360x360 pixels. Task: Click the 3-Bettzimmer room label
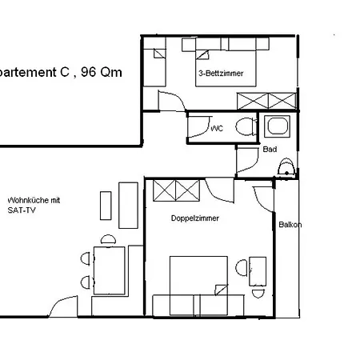[x=221, y=74]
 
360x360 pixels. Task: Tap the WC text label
[x=217, y=129]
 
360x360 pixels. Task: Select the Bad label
[x=270, y=150]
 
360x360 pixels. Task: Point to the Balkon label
[x=290, y=225]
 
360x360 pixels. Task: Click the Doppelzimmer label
[x=195, y=218]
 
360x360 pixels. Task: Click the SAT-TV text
[x=22, y=210]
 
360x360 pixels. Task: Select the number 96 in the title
[x=89, y=72]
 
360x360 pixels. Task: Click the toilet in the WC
[x=246, y=126]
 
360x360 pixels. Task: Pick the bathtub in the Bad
[x=277, y=126]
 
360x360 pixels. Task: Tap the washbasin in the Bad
[x=286, y=167]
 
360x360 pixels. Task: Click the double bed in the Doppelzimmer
[x=198, y=286]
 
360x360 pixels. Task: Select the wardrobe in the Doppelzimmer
[x=176, y=190]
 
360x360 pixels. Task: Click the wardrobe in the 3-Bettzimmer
[x=266, y=101]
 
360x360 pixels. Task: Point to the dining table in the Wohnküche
[x=110, y=270]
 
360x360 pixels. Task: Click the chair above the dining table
[x=108, y=239]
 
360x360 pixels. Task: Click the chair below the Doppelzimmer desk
[x=258, y=294]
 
